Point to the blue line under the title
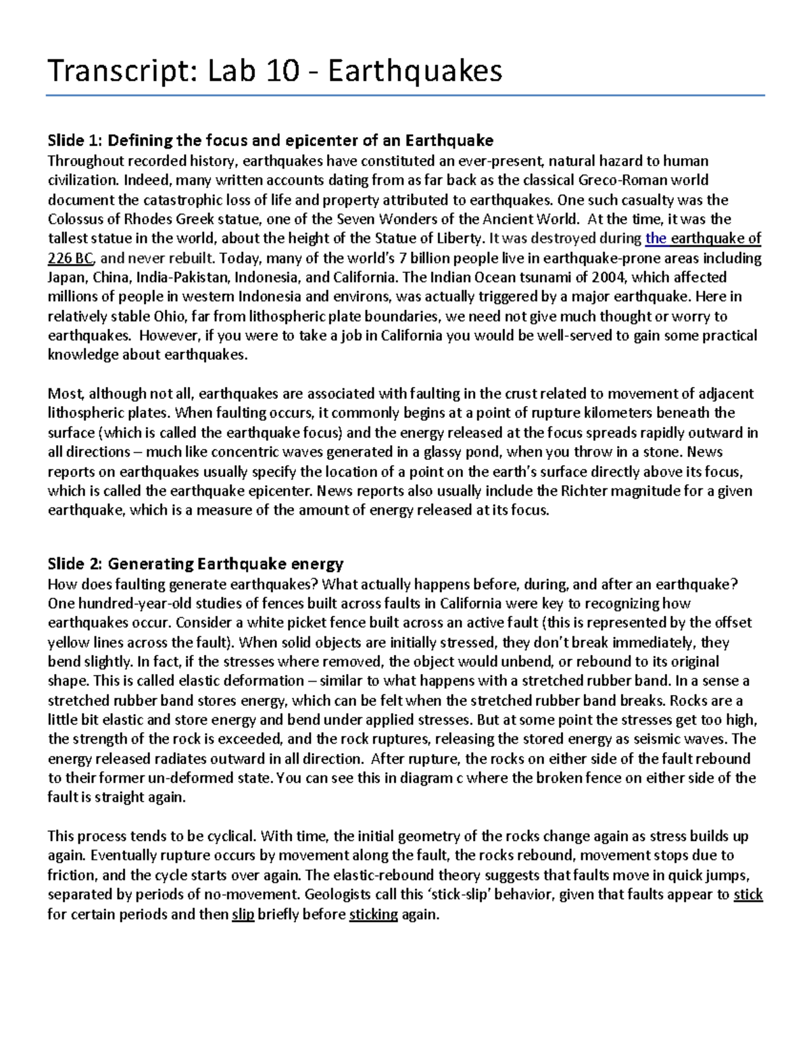405,96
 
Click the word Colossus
76,219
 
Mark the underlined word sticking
373,915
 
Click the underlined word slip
243,915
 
